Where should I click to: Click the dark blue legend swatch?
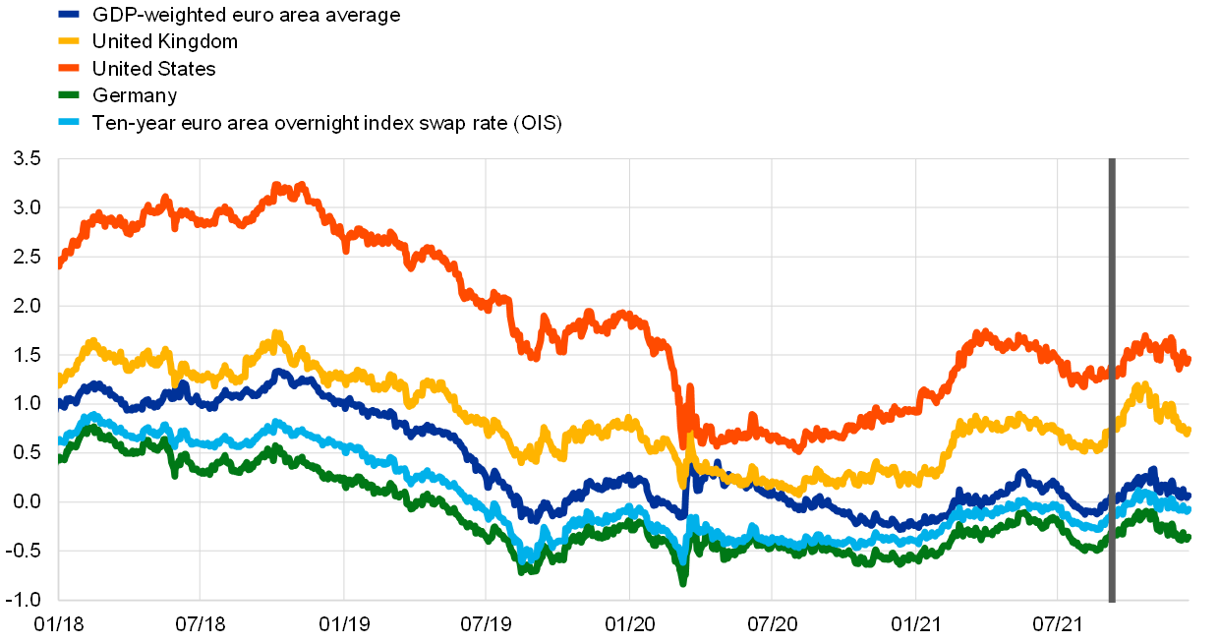pos(69,14)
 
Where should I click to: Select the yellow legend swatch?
pos(69,41)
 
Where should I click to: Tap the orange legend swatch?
pos(69,68)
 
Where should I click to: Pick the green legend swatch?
pos(69,94)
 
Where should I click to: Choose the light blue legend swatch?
pos(69,122)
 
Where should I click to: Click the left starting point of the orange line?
pos(60,264)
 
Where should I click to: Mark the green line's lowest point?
pos(682,582)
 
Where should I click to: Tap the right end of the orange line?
pos(1188,359)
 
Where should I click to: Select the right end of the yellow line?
pos(1188,431)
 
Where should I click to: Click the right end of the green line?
pos(1188,537)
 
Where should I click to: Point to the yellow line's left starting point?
pos(60,381)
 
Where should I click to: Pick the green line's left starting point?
pos(60,458)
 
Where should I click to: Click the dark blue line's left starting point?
pos(60,403)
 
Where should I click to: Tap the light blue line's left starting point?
pos(60,441)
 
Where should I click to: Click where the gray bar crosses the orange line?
pos(1112,373)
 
